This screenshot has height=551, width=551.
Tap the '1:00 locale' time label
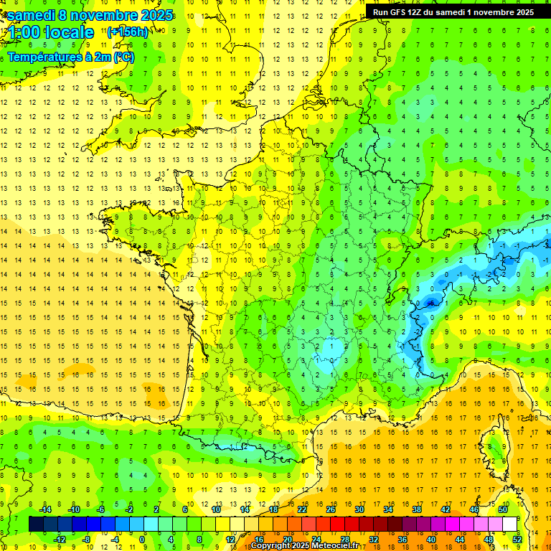click(x=51, y=32)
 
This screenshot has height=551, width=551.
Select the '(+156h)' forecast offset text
click(x=128, y=32)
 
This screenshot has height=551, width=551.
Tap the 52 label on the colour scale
click(x=517, y=539)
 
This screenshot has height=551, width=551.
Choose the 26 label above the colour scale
click(x=331, y=509)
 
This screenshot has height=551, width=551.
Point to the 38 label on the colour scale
click(x=416, y=509)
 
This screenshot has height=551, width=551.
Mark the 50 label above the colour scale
click(x=503, y=509)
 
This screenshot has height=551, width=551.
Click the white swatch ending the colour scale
click(x=510, y=524)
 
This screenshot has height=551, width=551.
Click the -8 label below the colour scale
click(x=86, y=539)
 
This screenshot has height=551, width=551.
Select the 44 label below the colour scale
click(x=460, y=539)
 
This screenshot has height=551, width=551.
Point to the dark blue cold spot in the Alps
click(x=430, y=302)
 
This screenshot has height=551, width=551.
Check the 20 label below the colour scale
click(x=287, y=539)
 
